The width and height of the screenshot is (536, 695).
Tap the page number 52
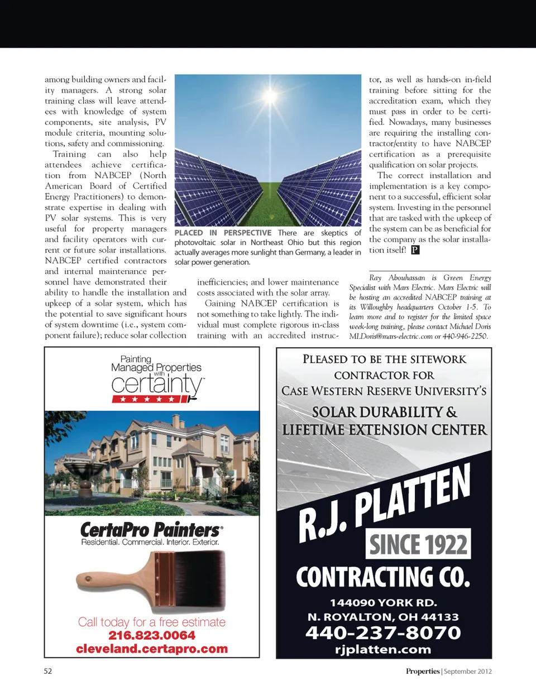(x=48, y=671)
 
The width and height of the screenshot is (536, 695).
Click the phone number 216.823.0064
(x=152, y=635)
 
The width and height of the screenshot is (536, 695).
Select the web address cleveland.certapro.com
(x=152, y=649)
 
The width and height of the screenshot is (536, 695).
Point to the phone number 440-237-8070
(x=383, y=632)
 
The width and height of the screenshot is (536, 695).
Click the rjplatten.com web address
(x=383, y=649)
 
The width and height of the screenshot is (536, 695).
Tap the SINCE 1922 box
(x=418, y=544)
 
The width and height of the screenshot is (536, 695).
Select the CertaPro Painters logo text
(x=151, y=529)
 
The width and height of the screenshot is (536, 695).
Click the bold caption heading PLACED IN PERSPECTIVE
(x=223, y=233)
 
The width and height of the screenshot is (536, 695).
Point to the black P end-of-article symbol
(x=415, y=250)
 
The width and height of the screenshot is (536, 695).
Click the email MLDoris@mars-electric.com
(x=391, y=336)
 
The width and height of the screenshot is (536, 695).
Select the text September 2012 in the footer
(x=468, y=671)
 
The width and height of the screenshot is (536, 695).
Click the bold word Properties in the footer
(x=423, y=671)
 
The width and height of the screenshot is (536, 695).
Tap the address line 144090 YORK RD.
(x=383, y=602)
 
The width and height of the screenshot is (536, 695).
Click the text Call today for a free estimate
(x=152, y=622)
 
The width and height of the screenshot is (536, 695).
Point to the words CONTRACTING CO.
(x=383, y=577)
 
